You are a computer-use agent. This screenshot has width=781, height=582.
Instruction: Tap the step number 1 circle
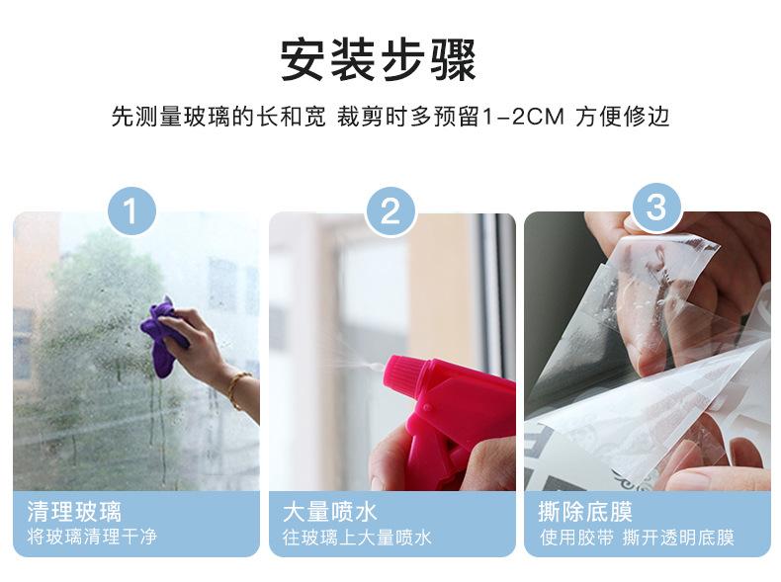(135, 210)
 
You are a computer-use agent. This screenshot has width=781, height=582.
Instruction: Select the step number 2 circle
(391, 210)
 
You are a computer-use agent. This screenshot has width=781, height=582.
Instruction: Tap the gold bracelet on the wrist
(236, 387)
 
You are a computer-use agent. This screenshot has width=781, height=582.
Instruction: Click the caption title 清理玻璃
(74, 512)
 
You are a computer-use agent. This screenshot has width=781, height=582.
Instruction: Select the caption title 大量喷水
(330, 512)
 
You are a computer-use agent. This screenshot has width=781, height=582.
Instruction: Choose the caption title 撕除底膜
(586, 512)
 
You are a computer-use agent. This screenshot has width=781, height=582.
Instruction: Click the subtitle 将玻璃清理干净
(92, 539)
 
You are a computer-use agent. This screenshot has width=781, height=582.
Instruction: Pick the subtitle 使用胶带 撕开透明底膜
(637, 539)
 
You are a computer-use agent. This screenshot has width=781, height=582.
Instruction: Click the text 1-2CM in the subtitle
(522, 118)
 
